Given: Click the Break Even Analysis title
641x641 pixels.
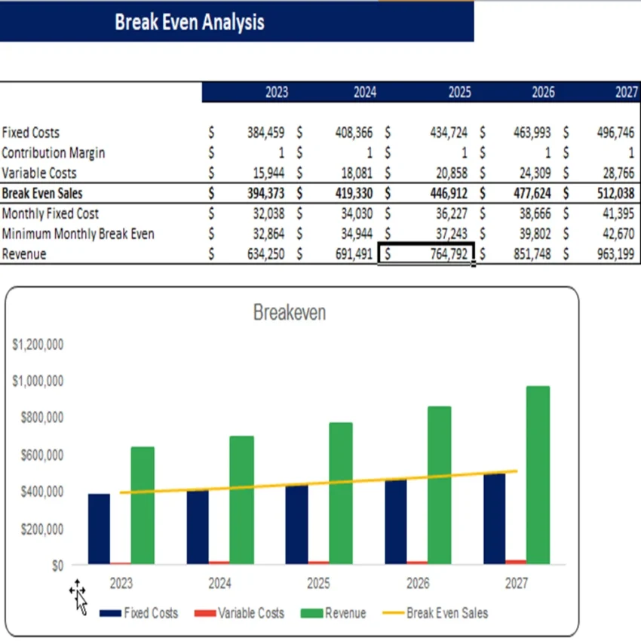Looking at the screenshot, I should (189, 22).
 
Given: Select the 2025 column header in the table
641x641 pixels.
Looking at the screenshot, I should (459, 92).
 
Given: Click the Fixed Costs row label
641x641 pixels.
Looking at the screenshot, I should (31, 133).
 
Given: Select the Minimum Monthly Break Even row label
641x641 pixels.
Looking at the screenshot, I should (78, 234).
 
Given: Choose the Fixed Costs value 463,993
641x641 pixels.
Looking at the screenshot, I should (532, 133).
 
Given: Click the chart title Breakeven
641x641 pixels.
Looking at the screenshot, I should (290, 312).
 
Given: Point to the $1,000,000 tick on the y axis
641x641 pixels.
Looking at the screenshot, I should (38, 381).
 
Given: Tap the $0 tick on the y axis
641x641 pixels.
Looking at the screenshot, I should (57, 566).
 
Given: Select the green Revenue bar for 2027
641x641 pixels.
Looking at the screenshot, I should (538, 475).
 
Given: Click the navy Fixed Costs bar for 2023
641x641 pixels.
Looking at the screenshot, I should (99, 529).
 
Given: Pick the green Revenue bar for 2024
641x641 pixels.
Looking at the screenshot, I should (241, 500).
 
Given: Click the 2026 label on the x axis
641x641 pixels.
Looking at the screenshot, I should (418, 584).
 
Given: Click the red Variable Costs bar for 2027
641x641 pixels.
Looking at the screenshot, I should (516, 562).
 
